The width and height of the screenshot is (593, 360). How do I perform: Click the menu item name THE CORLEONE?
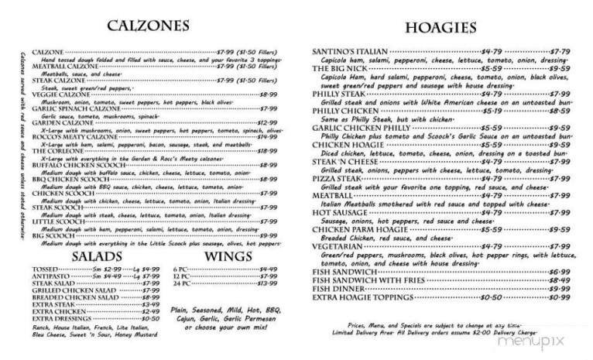point(57,151)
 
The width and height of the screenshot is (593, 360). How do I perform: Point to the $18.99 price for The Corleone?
point(267,151)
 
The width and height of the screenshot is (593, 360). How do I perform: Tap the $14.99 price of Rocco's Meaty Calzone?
point(267,136)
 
